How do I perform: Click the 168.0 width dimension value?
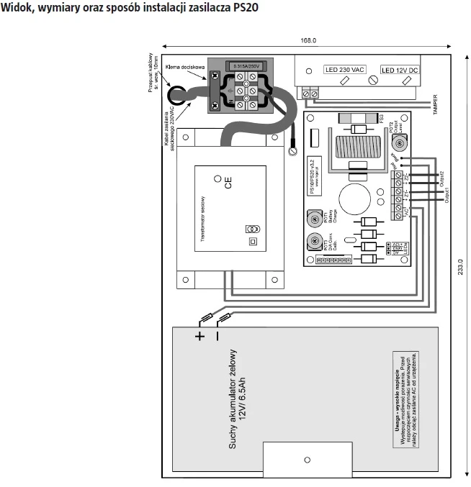click(x=308, y=42)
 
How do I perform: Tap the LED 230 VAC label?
click(x=344, y=70)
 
